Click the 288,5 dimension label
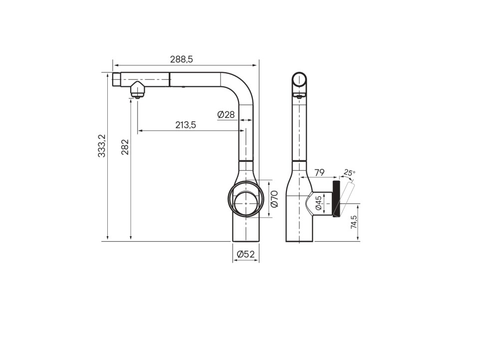coord(181,59)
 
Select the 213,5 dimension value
coord(185,125)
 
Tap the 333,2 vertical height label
coord(101,146)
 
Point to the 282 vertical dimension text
coord(125,147)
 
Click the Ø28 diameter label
coord(226,114)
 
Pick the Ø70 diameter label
coord(274,199)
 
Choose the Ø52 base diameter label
coord(245,254)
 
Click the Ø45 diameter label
coord(318,203)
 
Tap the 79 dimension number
coord(319,173)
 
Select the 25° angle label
coord(349,173)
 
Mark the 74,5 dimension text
coord(354,222)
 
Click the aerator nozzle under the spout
coord(137,91)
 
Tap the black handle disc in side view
coord(337,199)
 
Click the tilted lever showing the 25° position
coord(346,197)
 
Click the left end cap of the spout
coord(117,79)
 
